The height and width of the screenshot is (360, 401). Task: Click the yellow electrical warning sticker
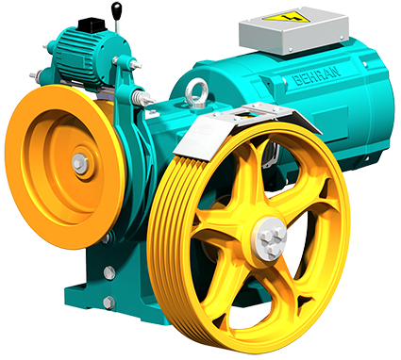(287, 16)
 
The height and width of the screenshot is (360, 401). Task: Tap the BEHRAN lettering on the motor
(318, 75)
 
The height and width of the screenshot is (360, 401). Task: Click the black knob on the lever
(117, 9)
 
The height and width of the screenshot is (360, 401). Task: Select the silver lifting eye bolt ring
(197, 90)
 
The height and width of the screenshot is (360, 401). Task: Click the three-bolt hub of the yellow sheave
(272, 237)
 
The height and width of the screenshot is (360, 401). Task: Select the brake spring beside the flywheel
(140, 96)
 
